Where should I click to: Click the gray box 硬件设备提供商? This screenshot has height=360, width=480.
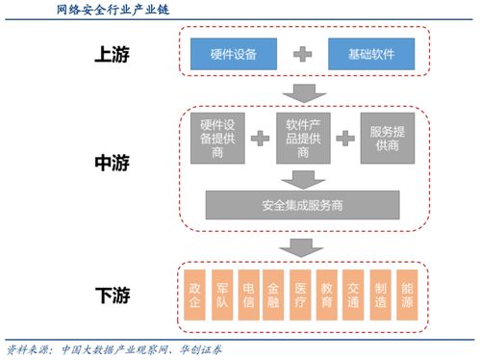point(218,140)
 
